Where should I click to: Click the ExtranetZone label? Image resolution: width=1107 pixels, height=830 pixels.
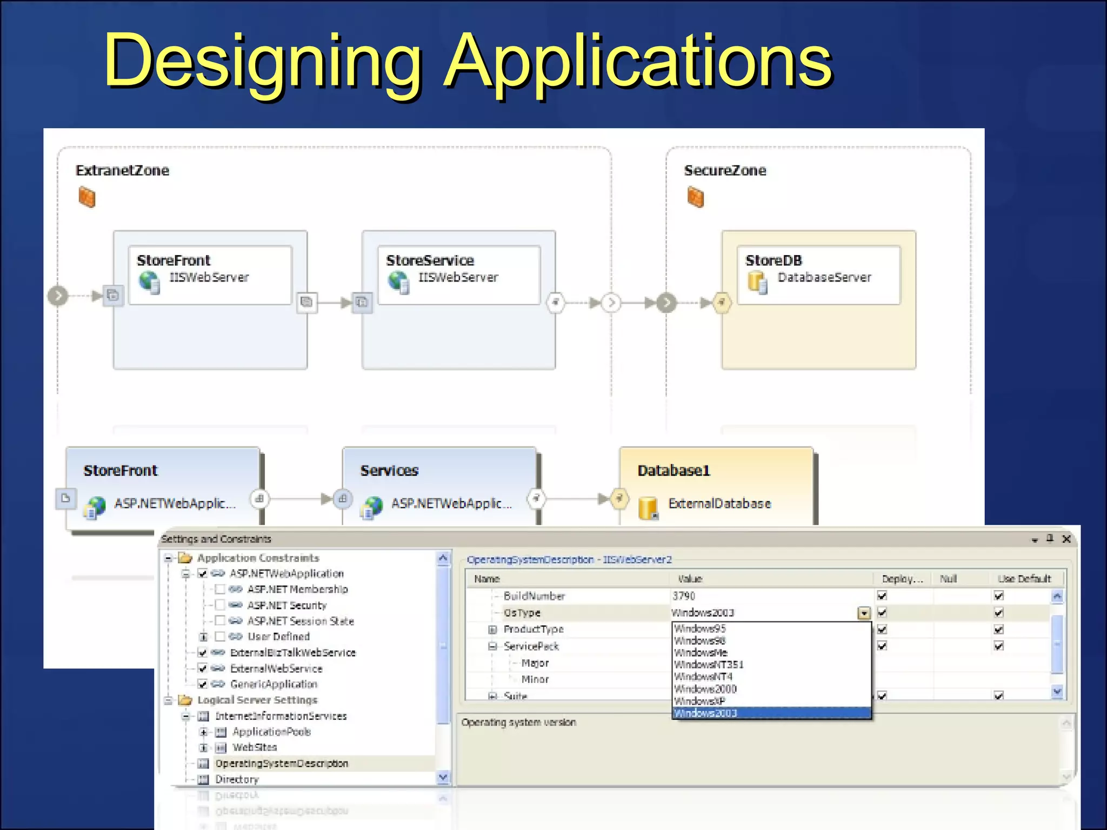tap(122, 171)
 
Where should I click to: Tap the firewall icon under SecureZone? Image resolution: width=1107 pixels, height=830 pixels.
tap(696, 197)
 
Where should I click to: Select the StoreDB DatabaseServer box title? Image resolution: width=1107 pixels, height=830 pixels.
tap(773, 260)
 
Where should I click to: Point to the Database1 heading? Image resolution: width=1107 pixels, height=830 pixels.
tap(673, 471)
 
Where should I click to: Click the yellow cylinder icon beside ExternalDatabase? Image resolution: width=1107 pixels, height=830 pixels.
tap(648, 507)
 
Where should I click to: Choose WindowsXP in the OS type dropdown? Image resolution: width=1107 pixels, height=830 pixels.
tap(701, 701)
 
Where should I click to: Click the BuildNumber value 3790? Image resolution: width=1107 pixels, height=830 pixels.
tap(684, 596)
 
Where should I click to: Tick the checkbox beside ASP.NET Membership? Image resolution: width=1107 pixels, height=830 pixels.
tap(220, 589)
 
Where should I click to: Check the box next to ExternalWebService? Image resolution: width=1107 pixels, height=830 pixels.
tap(203, 668)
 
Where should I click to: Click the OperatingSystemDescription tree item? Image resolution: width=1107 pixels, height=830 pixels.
tap(282, 764)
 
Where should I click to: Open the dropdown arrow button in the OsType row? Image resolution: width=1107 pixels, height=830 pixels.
tap(864, 613)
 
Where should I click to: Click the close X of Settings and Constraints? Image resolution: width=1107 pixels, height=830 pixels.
tap(1066, 539)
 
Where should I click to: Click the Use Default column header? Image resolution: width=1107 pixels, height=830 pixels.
tap(1024, 579)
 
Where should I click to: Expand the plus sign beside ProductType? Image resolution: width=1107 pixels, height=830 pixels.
tap(492, 630)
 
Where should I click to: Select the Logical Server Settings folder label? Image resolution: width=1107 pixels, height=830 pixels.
tap(257, 700)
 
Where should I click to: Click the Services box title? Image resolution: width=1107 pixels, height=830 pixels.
tap(389, 471)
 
